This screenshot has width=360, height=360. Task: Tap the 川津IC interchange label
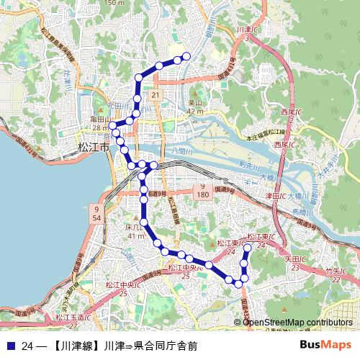point(247,31)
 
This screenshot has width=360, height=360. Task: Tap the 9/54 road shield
point(96,212)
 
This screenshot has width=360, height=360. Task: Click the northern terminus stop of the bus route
point(186,56)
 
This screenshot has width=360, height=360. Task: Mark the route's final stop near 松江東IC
point(247,248)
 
